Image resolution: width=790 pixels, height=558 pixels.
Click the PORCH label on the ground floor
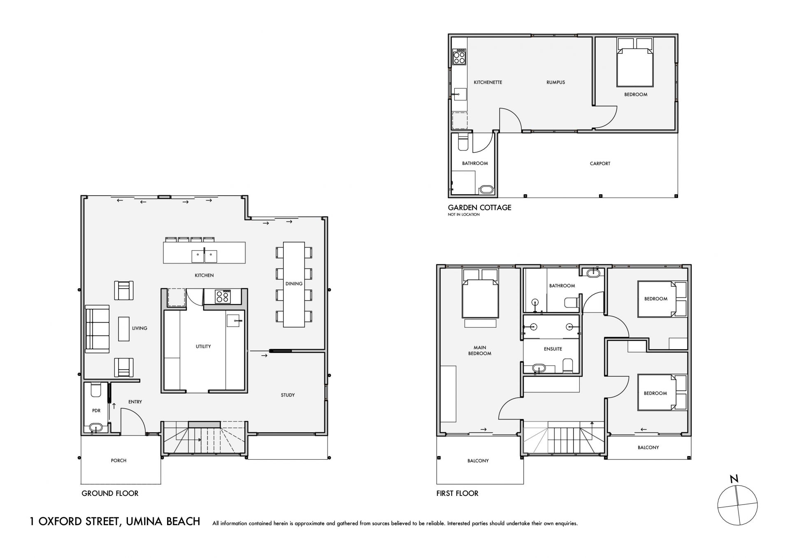pos(118,461)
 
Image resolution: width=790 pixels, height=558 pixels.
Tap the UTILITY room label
pos(203,347)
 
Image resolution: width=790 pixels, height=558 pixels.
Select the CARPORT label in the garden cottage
pos(600,164)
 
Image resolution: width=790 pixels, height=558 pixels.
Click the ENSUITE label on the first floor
pos(553,349)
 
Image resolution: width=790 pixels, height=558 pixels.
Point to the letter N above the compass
pos(734,479)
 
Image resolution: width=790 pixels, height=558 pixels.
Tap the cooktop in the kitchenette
pos(459,57)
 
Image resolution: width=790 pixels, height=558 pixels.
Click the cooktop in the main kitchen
pos(223,296)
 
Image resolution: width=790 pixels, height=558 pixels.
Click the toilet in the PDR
pos(95,389)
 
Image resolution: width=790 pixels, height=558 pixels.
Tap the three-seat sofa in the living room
pos(97,329)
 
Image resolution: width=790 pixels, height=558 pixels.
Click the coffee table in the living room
pos(123,329)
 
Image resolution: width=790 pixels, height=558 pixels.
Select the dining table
pos(294,285)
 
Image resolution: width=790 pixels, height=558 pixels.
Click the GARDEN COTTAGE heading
pos(479,208)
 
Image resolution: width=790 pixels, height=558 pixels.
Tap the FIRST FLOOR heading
pos(457,493)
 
